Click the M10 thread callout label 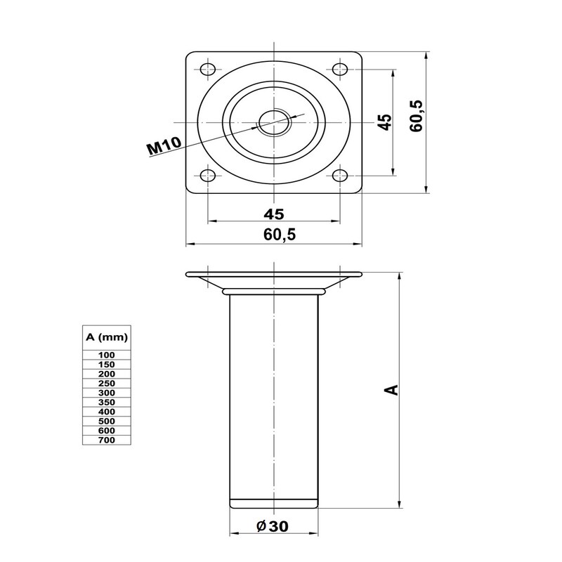click(165, 146)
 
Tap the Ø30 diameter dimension click(273, 526)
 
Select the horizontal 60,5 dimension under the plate click(280, 235)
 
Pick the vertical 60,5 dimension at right click(417, 116)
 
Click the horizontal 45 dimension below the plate click(274, 214)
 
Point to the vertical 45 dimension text click(385, 122)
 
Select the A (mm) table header click(107, 337)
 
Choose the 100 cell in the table click(107, 355)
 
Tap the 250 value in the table click(107, 383)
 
